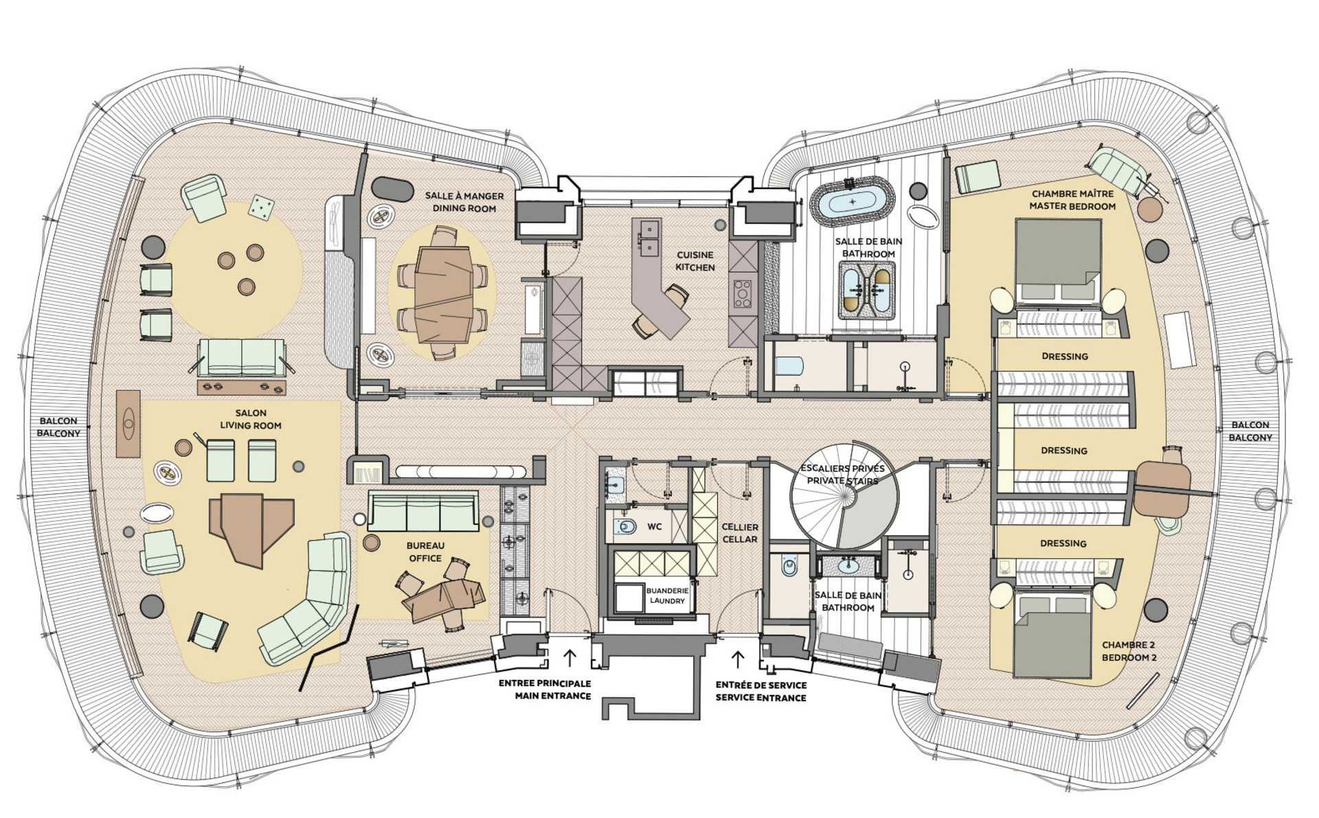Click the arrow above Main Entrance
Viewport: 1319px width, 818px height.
570,657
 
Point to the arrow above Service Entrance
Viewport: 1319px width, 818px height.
738,659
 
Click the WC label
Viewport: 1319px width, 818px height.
655,527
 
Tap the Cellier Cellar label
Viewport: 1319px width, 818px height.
740,533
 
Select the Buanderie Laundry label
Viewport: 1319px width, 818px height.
667,595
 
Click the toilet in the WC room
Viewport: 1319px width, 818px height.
624,527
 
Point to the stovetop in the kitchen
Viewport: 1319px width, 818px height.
743,293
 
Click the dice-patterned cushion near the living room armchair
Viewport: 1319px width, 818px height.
261,207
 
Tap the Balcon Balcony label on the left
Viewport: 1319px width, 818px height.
58,427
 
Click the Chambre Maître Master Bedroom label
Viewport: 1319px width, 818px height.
1072,200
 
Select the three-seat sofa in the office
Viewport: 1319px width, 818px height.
423,511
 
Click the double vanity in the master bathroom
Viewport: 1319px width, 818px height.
866,291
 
